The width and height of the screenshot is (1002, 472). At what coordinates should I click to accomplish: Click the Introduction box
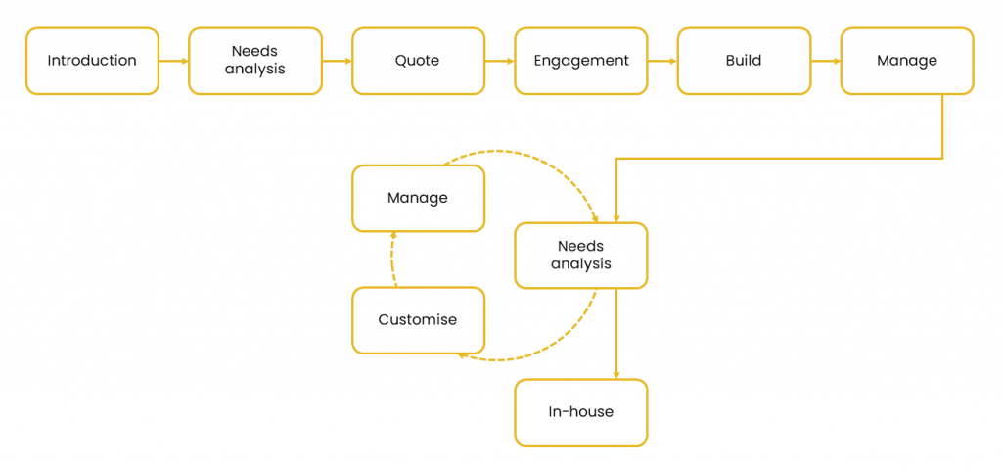[92, 61]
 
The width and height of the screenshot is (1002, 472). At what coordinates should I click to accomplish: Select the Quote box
[418, 61]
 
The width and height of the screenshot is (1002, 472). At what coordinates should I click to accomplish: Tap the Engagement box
[581, 61]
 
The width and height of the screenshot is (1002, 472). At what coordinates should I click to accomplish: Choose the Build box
[744, 61]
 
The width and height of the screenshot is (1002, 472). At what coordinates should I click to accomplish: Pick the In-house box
[581, 412]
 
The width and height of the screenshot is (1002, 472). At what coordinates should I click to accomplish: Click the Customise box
[418, 320]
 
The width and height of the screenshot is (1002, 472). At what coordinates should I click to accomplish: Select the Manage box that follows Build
[907, 61]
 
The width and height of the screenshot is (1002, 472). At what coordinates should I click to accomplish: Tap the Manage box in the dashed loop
[418, 198]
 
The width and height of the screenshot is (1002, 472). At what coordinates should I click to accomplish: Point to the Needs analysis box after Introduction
[255, 61]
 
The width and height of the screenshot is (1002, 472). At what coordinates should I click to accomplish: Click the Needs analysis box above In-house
[581, 256]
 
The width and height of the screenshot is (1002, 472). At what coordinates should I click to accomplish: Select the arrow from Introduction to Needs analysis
[174, 62]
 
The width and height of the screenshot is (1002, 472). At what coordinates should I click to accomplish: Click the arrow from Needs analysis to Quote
[337, 62]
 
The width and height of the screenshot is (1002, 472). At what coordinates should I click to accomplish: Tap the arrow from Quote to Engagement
[500, 62]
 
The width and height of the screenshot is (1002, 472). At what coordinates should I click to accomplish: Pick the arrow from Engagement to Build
[662, 62]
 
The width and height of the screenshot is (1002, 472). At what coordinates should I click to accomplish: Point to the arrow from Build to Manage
[826, 62]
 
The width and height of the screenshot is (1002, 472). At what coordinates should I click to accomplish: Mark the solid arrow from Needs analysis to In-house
[616, 333]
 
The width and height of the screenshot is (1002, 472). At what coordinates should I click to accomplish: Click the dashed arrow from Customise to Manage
[391, 260]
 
